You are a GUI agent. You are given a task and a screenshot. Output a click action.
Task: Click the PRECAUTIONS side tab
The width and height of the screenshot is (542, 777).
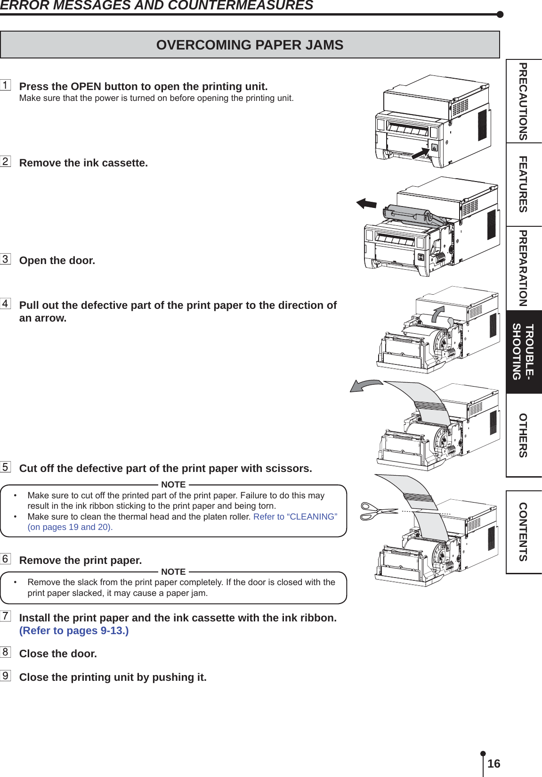coord(523,101)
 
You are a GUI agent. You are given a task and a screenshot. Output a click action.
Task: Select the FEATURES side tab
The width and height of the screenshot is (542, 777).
coord(523,184)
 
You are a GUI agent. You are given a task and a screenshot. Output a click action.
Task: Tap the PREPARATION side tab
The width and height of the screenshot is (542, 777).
coord(523,268)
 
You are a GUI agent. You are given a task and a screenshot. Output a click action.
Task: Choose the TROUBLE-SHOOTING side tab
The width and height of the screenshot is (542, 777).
coord(523,352)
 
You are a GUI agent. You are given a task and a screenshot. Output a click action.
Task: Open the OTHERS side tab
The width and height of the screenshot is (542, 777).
coord(523,435)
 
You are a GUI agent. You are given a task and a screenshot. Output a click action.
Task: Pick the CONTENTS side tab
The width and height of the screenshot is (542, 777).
coord(523,532)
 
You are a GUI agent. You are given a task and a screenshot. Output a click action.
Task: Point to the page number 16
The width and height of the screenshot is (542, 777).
coord(493,764)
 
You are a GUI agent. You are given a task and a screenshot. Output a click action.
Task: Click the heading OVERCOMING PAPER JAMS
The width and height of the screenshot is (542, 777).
coord(250,45)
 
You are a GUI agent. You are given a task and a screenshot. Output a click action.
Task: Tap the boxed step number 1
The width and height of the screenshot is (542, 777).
coord(5,85)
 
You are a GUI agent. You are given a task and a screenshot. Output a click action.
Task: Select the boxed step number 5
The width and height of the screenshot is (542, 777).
coord(5,467)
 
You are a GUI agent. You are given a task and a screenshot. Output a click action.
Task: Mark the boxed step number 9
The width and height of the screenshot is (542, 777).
coord(5,676)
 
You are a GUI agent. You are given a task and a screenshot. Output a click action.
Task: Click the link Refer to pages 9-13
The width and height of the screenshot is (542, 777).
coord(74,631)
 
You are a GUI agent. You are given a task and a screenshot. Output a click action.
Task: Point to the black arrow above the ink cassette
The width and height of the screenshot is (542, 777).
coord(366,204)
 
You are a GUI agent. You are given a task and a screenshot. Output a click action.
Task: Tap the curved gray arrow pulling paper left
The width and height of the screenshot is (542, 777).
coord(365,386)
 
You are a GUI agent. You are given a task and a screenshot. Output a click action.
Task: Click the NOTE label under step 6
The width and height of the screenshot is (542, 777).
coord(173,572)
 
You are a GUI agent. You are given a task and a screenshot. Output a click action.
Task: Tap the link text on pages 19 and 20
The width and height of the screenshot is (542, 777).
coord(70,527)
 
